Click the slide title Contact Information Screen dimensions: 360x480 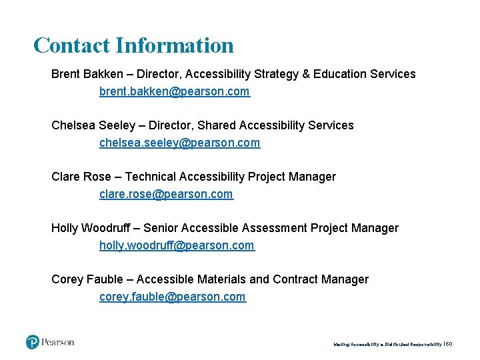pyautogui.click(x=133, y=45)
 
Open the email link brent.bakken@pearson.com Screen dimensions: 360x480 pyautogui.click(x=174, y=91)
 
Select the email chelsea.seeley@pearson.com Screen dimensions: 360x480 pyautogui.click(x=179, y=143)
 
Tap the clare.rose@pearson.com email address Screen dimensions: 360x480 pyautogui.click(x=166, y=194)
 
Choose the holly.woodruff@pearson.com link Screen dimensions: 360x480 pyautogui.click(x=177, y=245)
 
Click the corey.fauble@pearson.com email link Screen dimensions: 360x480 pyautogui.click(x=172, y=297)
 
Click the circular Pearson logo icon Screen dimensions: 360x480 pyautogui.click(x=33, y=342)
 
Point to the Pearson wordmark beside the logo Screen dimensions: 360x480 pyautogui.click(x=58, y=342)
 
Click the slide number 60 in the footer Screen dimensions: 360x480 pyautogui.click(x=449, y=344)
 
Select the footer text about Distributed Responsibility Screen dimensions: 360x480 pyautogui.click(x=387, y=344)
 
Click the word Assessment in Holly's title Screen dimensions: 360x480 pyautogui.click(x=275, y=228)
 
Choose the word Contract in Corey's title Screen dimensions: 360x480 pyautogui.click(x=295, y=279)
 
